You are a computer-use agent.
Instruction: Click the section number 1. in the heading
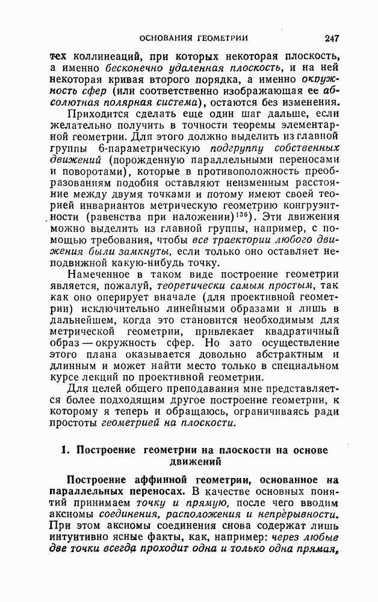(x=67, y=451)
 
